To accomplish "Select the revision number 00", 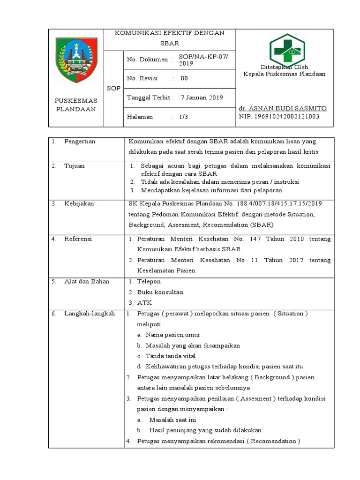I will pos(184,78).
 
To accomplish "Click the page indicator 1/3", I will pos(183,117).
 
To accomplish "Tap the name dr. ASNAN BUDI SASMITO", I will pos(283,108).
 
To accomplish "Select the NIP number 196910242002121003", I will pos(279,116).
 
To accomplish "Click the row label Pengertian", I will pos(80,141).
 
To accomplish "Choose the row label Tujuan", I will pos(75,166).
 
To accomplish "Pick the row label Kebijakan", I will pos(79,203).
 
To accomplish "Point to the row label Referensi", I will pos(78,239).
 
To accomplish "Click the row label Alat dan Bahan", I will pos(87,281).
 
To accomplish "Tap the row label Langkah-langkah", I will pos(90,313).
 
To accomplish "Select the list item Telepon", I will pos(149,281).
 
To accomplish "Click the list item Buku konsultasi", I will pos(160,292).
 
